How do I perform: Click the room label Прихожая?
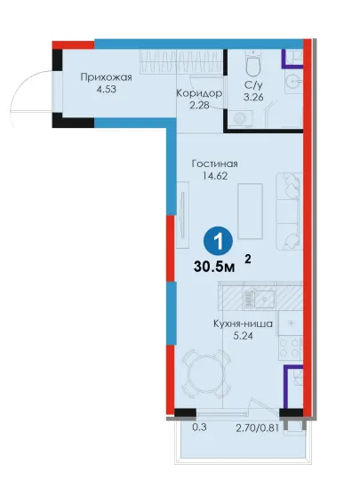pyautogui.click(x=106, y=77)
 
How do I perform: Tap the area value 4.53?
pyautogui.click(x=107, y=90)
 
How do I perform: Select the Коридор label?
pyautogui.click(x=199, y=93)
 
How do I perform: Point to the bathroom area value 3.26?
pyautogui.click(x=253, y=97)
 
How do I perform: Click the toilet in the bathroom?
pyautogui.click(x=253, y=64)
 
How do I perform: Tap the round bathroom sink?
pyautogui.click(x=293, y=82)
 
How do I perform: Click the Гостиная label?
pyautogui.click(x=215, y=164)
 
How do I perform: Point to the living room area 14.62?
pyautogui.click(x=215, y=176)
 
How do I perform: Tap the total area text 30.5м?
pyautogui.click(x=214, y=267)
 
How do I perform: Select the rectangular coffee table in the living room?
pyautogui.click(x=250, y=212)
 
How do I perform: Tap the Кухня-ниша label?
pyautogui.click(x=243, y=323)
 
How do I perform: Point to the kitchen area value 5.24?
pyautogui.click(x=243, y=336)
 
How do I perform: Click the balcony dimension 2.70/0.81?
pyautogui.click(x=258, y=428)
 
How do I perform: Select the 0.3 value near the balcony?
pyautogui.click(x=199, y=427)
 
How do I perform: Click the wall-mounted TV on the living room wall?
pyautogui.click(x=182, y=215)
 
